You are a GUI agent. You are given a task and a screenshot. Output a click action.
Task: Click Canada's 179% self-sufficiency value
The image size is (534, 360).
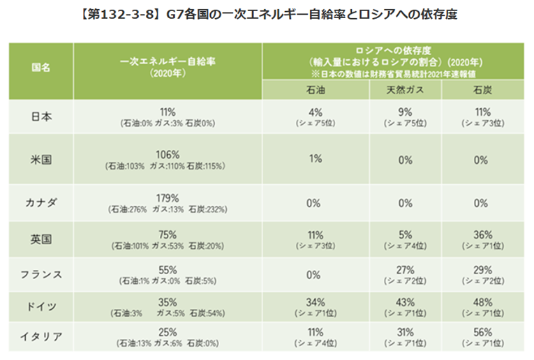(168, 198)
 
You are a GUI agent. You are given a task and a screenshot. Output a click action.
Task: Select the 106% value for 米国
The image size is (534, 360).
(168, 154)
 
